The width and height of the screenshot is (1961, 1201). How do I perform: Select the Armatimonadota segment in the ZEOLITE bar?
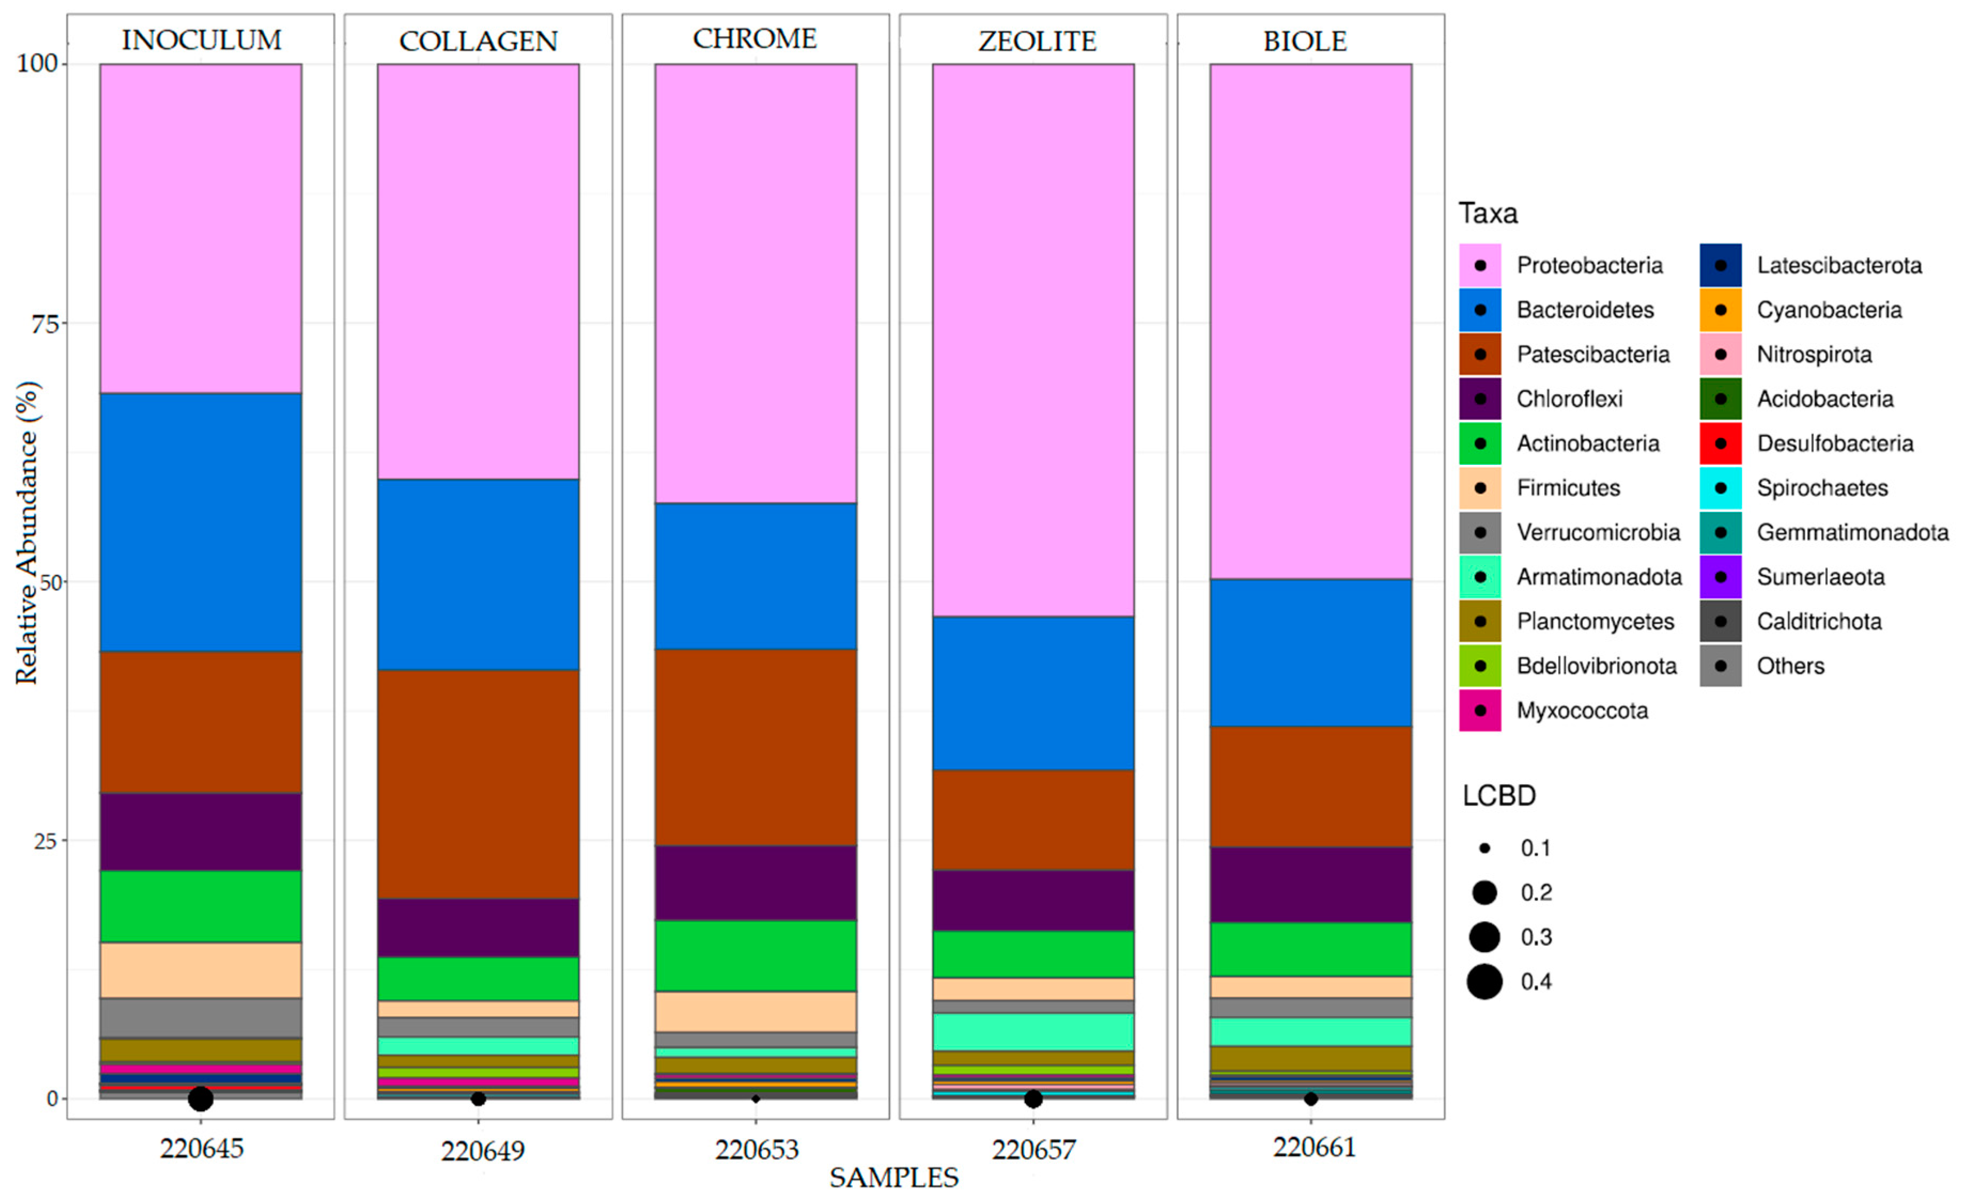point(1032,1032)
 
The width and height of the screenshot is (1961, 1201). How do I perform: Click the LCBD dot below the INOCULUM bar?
point(200,1099)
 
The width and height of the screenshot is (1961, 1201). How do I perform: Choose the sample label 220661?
point(1313,1148)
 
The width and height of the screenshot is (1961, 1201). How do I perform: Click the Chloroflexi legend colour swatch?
point(1480,399)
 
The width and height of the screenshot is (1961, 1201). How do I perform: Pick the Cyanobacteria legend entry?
point(1828,310)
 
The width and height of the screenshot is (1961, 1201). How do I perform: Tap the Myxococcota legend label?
point(1582,711)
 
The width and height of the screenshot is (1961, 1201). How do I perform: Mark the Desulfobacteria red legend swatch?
point(1720,443)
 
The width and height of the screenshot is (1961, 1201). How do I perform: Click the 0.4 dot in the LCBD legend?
point(1484,981)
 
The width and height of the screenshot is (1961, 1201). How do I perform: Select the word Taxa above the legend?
point(1488,213)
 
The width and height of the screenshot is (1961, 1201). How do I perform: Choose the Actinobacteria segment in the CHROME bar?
point(755,955)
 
